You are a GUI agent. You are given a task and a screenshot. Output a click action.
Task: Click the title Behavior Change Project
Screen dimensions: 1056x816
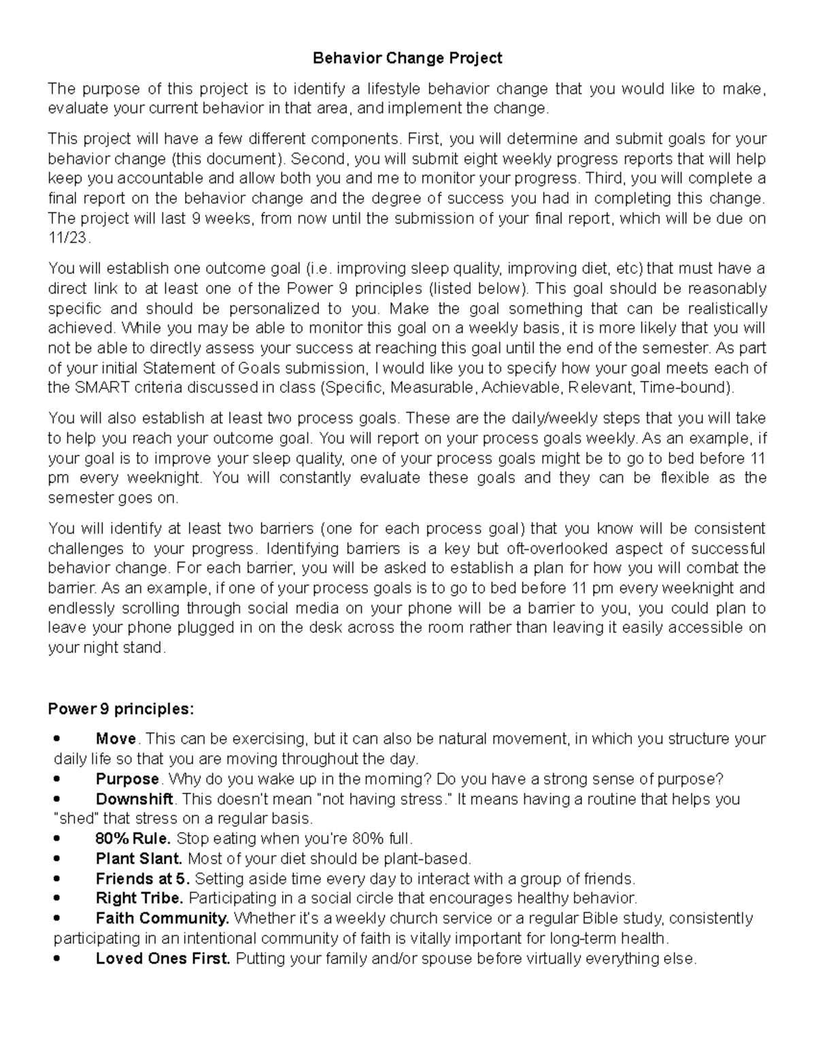(x=407, y=58)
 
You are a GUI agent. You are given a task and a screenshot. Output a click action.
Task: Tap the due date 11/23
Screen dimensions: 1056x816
(x=67, y=238)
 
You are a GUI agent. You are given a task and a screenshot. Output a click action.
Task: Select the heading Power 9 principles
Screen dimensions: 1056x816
(x=120, y=709)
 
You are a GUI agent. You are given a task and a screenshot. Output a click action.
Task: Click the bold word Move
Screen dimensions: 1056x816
(x=116, y=738)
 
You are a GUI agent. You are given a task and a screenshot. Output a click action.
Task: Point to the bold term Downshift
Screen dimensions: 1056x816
(x=135, y=798)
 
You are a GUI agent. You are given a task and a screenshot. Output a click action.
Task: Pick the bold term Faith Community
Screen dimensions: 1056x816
(x=162, y=918)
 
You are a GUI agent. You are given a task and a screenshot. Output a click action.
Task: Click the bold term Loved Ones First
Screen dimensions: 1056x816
(x=163, y=959)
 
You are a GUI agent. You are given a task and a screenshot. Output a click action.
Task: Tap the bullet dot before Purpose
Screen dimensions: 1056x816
(x=57, y=779)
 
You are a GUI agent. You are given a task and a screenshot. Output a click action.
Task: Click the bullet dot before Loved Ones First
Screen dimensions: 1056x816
(x=57, y=959)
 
